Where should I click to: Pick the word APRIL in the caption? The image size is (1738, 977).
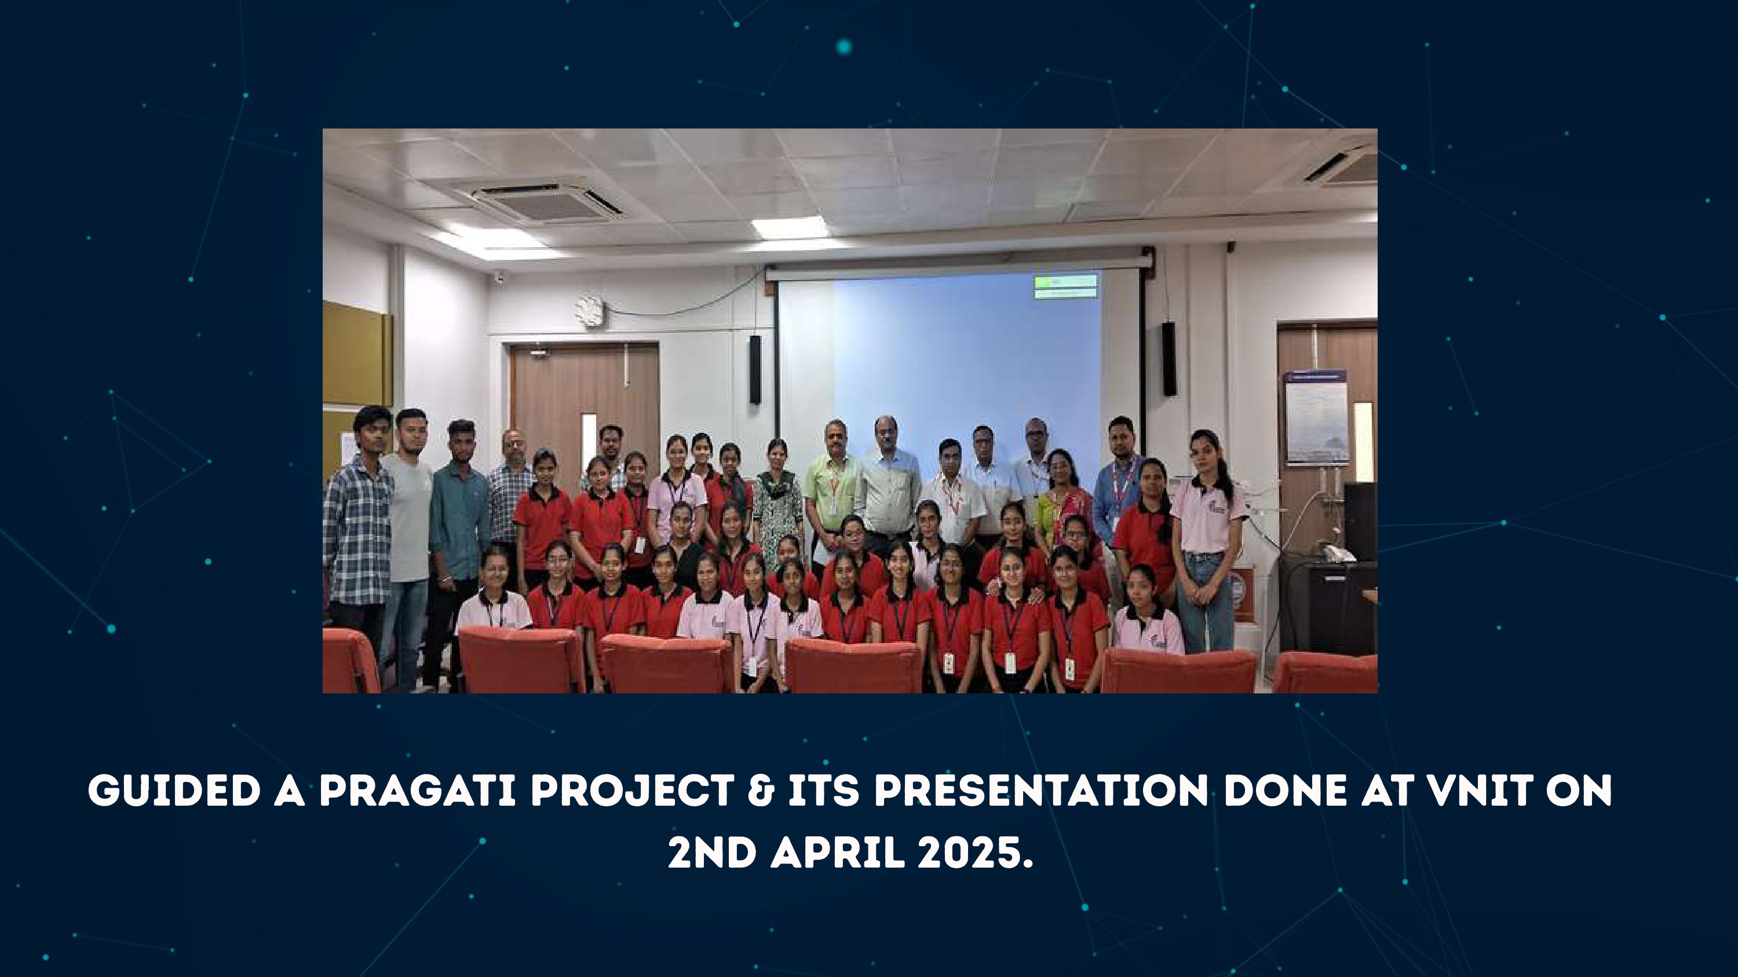pos(837,854)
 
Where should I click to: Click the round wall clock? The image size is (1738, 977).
pos(590,311)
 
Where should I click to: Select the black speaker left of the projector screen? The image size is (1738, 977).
pos(755,369)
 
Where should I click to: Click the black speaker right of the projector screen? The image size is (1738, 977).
pos(1169,359)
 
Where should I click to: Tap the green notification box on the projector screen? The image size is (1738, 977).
pos(1065,286)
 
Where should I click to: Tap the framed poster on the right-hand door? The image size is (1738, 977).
pos(1316,417)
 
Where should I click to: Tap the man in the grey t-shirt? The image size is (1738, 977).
pos(407,532)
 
